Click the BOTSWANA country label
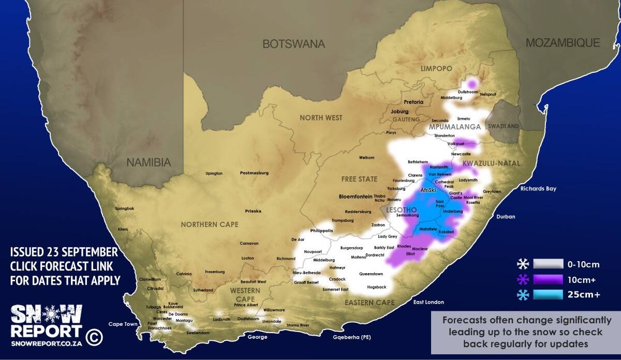coord(293,44)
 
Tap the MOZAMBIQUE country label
coord(563,43)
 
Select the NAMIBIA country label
coord(149,162)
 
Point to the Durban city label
coord(506,217)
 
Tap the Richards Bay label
coord(538,189)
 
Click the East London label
coord(428,302)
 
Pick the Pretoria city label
coord(414,102)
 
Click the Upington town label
coord(214,173)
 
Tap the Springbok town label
coord(124,208)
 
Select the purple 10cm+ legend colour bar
coord(548,280)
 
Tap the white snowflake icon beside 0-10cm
coord(523,265)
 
